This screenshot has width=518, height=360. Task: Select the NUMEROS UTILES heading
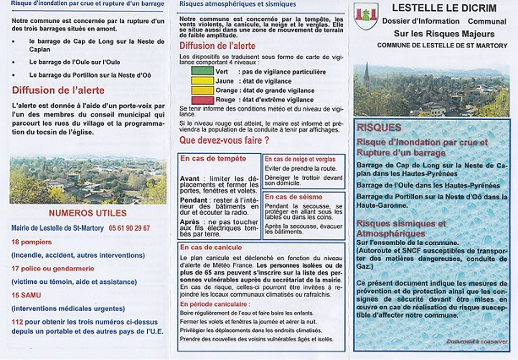pyautogui.click(x=86, y=213)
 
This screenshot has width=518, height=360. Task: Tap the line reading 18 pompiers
pyautogui.click(x=32, y=242)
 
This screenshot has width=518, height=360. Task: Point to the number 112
pyautogui.click(x=19, y=321)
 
